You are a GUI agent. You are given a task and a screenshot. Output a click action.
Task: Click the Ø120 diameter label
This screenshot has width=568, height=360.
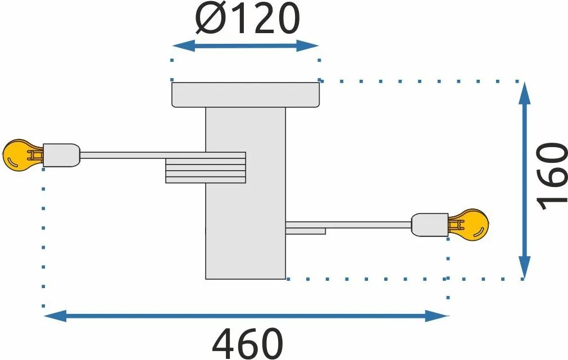(x=247, y=19)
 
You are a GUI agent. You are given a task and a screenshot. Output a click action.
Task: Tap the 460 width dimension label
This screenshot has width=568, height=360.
(x=247, y=343)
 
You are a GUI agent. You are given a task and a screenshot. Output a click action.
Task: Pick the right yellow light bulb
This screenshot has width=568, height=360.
(x=469, y=225)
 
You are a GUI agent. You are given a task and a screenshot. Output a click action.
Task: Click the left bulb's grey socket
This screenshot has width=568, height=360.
(x=62, y=156)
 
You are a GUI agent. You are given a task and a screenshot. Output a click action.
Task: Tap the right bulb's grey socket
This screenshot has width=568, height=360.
(x=430, y=225)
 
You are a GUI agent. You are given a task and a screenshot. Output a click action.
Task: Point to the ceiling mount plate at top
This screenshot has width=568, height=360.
(x=246, y=95)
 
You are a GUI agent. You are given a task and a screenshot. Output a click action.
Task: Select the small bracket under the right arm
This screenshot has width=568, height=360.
(x=306, y=231)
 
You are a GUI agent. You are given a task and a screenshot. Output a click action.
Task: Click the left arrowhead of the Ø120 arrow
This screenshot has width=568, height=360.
(x=183, y=46)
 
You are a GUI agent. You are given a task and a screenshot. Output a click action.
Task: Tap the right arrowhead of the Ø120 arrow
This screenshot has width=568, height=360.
(x=307, y=46)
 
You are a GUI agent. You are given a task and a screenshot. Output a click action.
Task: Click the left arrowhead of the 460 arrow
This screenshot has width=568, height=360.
(x=55, y=316)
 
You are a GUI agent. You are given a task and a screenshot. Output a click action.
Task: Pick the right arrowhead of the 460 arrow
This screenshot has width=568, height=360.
(x=437, y=316)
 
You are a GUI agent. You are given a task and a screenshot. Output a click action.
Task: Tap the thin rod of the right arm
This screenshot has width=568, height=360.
(x=348, y=225)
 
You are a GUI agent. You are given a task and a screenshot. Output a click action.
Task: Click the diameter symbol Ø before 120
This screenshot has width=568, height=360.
(x=211, y=19)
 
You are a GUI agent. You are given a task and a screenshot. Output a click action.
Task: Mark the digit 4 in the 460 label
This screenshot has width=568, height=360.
(x=223, y=343)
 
